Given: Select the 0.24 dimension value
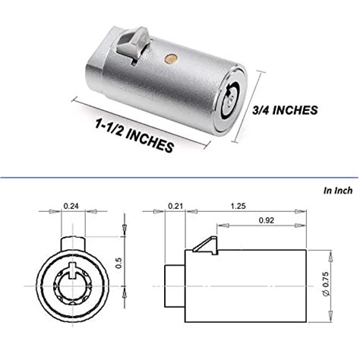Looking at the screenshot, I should [x=71, y=204].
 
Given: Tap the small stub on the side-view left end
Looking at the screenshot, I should [x=172, y=285].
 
